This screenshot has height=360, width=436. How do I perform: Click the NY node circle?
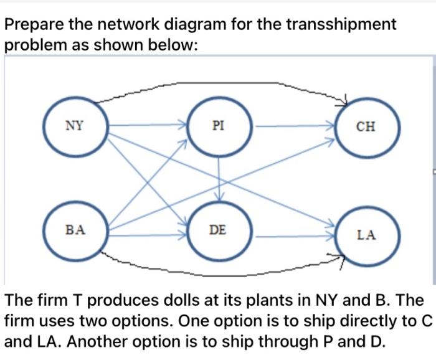point(76,126)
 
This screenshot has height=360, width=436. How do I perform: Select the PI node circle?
point(219,126)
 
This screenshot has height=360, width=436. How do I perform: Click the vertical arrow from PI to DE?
point(219,178)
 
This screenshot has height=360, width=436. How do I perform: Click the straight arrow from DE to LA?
point(293,236)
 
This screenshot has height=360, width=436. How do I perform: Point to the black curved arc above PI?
point(218,83)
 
